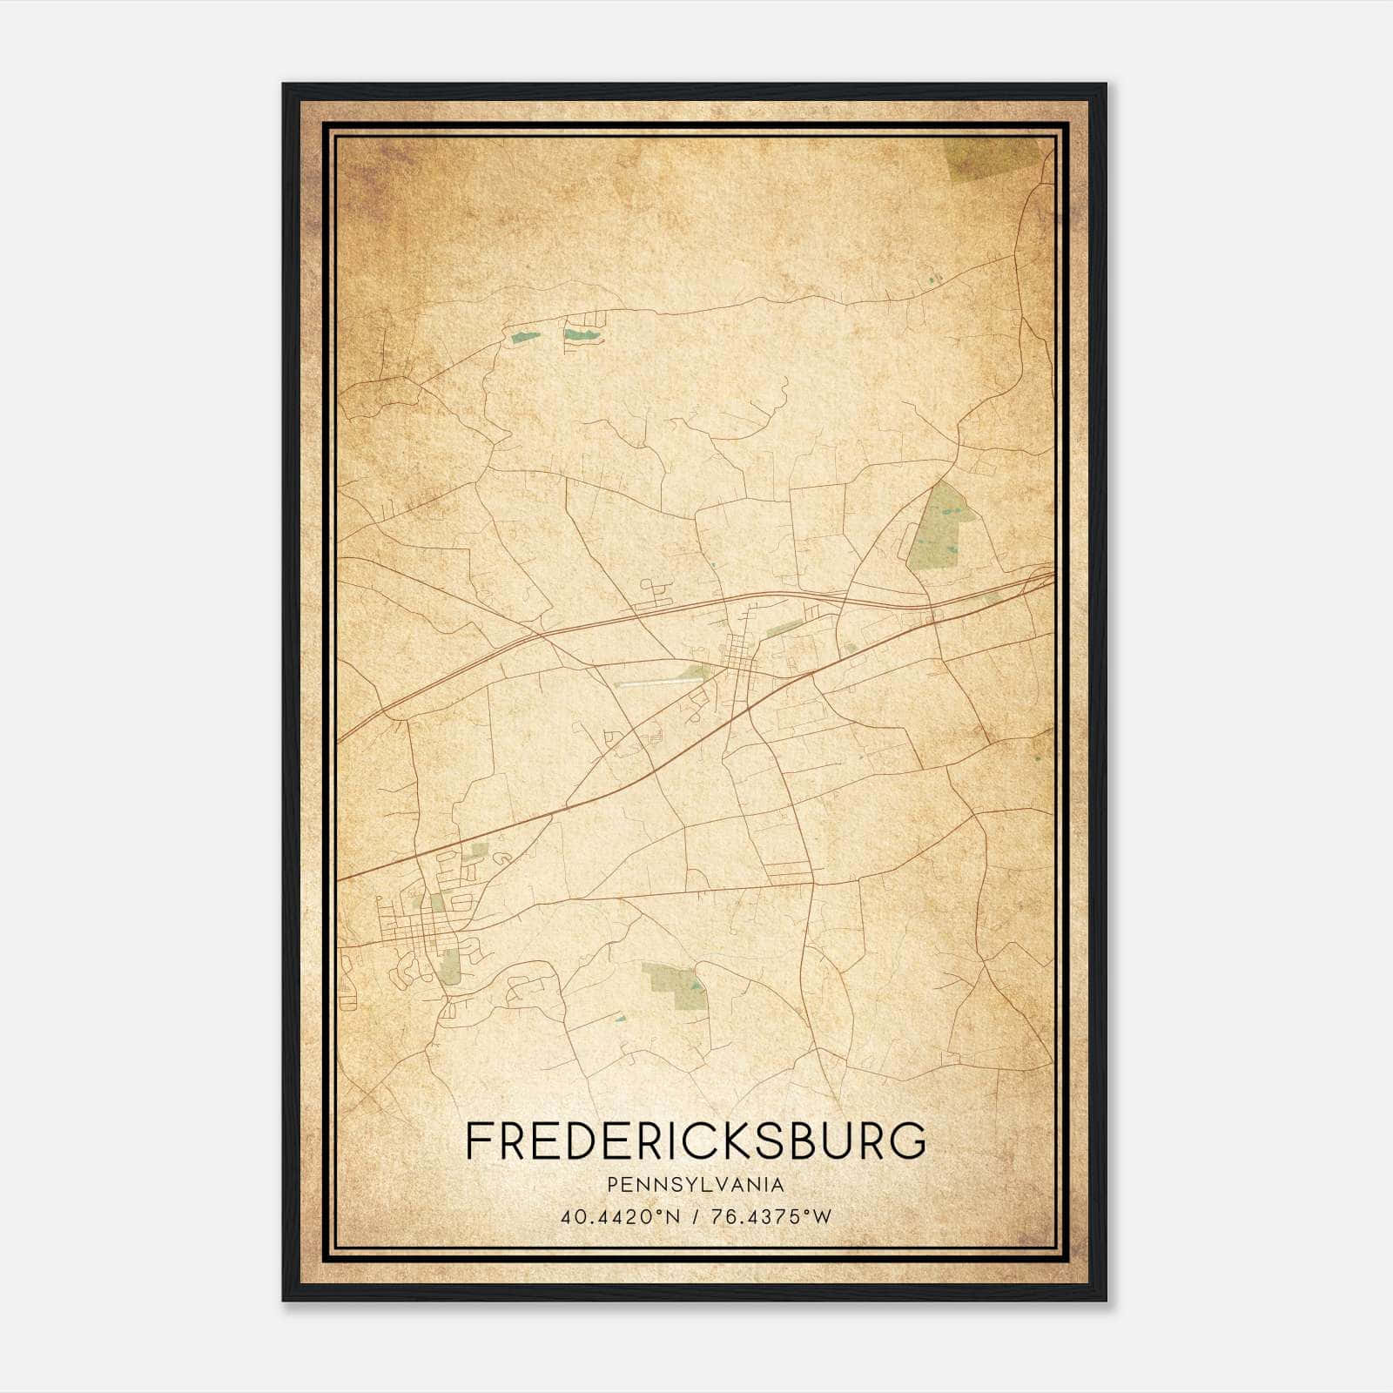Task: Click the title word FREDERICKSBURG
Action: tap(696, 1141)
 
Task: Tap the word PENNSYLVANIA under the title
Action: tap(696, 1185)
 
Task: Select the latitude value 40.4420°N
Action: tap(620, 1217)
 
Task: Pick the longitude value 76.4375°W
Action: tap(771, 1217)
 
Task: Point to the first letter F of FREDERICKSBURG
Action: tap(478, 1141)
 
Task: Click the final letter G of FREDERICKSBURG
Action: tap(910, 1141)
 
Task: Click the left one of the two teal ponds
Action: tap(525, 336)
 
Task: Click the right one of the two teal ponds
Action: tap(580, 333)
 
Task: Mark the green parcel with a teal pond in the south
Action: tap(675, 984)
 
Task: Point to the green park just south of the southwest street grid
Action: tap(450, 966)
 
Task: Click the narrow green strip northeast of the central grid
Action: tap(784, 628)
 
